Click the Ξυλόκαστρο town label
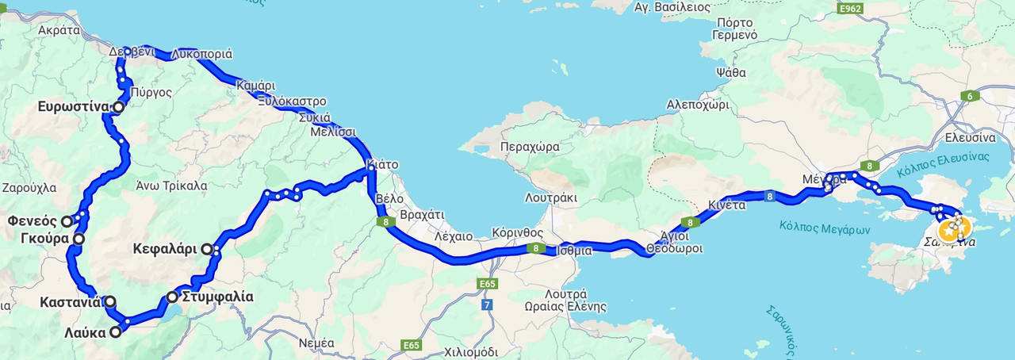tap(292, 101)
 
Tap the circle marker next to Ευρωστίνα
tap(118, 107)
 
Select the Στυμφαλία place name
tap(217, 297)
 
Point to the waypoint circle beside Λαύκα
tap(116, 332)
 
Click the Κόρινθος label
tap(517, 233)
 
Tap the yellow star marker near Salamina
tap(948, 232)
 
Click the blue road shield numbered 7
tap(487, 304)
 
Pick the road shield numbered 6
tap(969, 96)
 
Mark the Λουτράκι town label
tap(551, 197)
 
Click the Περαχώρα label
tap(530, 147)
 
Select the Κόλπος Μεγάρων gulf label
tap(825, 228)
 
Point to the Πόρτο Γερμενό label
tap(734, 29)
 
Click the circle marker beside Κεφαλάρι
tap(207, 249)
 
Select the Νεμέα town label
tap(316, 343)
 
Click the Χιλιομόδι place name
tap(471, 351)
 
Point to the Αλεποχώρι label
tap(697, 104)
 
